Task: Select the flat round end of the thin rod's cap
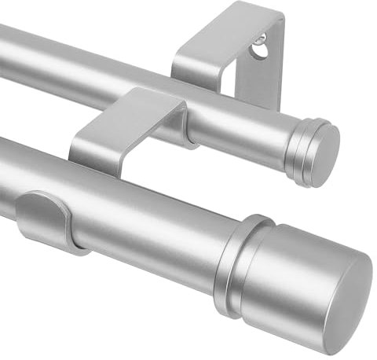click(324, 156)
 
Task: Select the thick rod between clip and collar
click(157, 220)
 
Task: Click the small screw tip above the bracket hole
click(262, 37)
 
